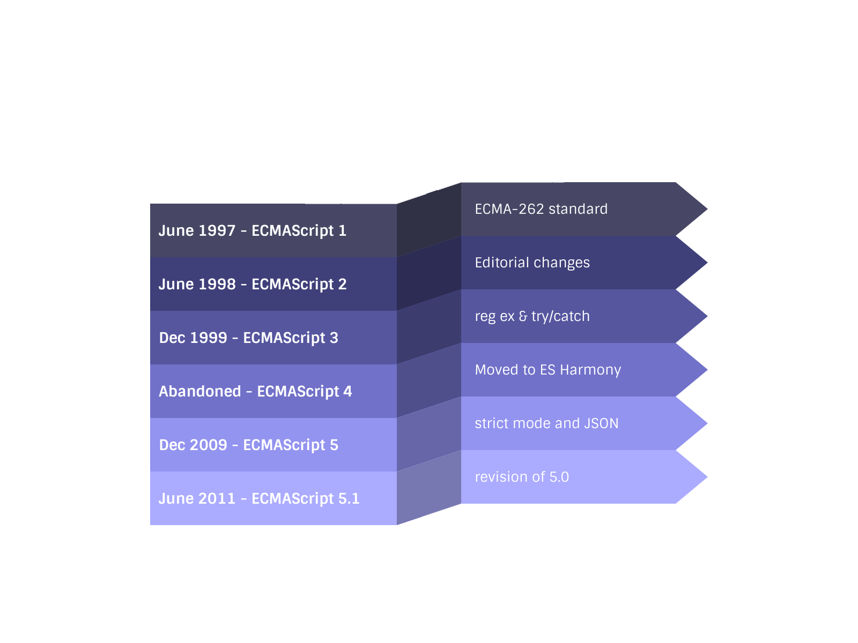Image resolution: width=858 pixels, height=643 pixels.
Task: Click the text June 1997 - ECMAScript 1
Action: click(252, 230)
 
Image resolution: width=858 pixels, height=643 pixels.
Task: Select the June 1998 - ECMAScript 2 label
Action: click(252, 284)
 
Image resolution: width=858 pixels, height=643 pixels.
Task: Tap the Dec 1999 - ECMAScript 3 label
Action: click(248, 338)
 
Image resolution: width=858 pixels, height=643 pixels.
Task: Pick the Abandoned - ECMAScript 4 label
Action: click(255, 391)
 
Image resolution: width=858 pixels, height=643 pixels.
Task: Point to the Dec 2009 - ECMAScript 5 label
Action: click(248, 445)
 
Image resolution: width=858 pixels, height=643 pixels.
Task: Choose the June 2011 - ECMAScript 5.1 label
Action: click(259, 498)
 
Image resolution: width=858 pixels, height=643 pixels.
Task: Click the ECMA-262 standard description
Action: click(541, 209)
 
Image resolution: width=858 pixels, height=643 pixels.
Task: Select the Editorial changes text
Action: click(532, 263)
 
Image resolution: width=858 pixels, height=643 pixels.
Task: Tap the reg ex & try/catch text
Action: click(532, 316)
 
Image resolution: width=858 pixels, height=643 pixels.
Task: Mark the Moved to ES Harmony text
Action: click(548, 370)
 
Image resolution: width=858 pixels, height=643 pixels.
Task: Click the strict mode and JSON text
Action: click(546, 423)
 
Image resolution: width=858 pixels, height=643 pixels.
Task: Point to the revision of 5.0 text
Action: click(522, 477)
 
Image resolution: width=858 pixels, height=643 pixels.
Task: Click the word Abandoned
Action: click(199, 391)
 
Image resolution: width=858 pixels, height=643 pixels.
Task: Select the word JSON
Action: click(601, 423)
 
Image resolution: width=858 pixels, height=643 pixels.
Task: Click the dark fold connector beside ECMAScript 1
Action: click(428, 220)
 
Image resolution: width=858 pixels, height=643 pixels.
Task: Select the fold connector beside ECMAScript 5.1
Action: click(428, 488)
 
